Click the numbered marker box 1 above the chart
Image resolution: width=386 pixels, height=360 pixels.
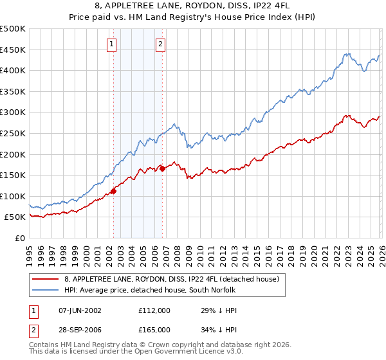(112, 44)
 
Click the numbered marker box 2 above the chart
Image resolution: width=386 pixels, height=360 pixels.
(160, 44)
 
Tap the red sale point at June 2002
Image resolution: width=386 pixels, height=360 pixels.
(114, 191)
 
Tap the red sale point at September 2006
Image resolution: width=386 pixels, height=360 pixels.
(162, 168)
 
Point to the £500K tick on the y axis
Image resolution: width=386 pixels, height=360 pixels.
(13, 29)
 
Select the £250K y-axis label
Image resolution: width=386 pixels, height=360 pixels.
(13, 133)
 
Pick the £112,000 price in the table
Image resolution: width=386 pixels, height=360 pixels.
(154, 310)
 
